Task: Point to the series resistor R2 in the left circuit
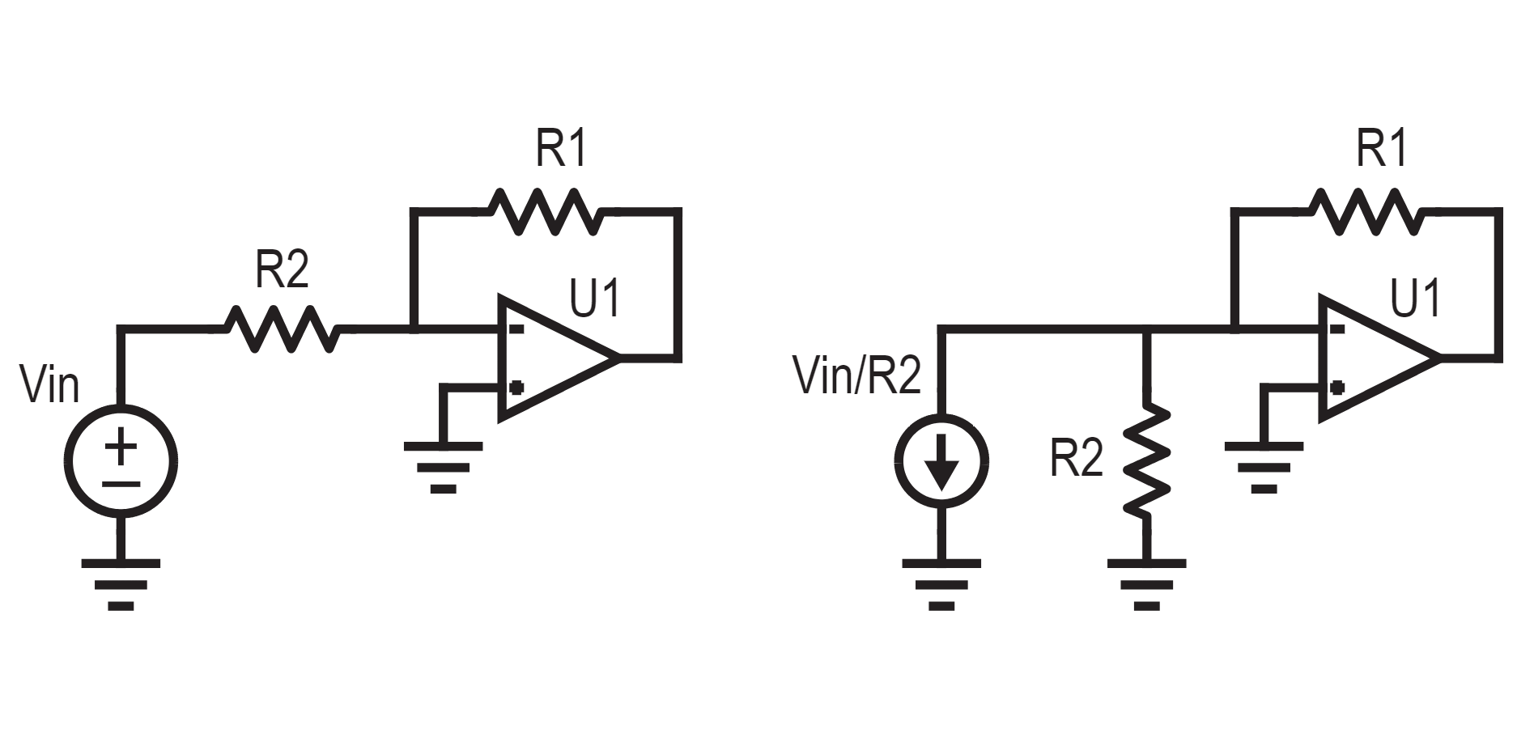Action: click(x=281, y=329)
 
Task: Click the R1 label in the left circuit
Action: click(x=561, y=148)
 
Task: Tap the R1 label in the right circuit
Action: click(x=1382, y=148)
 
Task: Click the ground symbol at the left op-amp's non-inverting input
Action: click(x=444, y=467)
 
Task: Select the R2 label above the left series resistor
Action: click(x=282, y=269)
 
